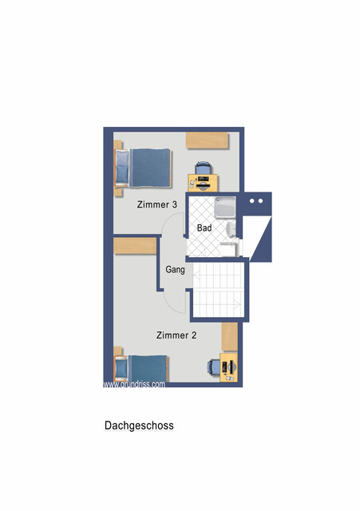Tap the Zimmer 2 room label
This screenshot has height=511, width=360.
[176, 335]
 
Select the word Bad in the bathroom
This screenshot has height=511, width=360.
[204, 228]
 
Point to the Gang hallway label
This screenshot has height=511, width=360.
[176, 270]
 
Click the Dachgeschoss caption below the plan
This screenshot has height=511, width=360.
[139, 426]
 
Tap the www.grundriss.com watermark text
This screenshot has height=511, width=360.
[134, 384]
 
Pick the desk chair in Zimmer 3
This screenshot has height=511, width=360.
[204, 169]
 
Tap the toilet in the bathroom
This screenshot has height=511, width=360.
[231, 233]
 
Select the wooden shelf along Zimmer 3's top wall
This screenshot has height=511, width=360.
[209, 140]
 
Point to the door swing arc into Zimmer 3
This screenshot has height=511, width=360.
[171, 228]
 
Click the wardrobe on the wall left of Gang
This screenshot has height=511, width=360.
[135, 246]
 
